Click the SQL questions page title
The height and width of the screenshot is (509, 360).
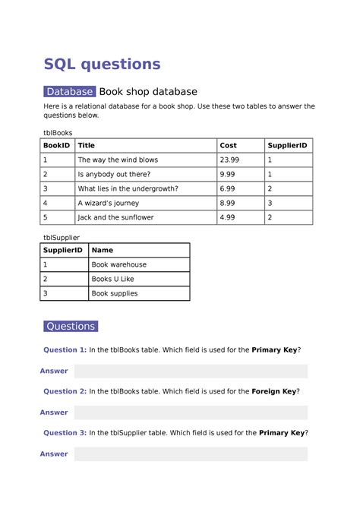[x=102, y=63]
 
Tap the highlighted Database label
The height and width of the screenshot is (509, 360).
[x=69, y=92]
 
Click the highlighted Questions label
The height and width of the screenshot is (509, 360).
[x=71, y=326]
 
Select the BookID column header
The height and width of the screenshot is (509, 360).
[x=56, y=145]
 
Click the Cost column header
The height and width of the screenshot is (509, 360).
[x=228, y=145]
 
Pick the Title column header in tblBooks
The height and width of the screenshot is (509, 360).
[x=87, y=145]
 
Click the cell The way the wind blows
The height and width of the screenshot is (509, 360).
[x=118, y=160]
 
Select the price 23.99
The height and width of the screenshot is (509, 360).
[x=229, y=160]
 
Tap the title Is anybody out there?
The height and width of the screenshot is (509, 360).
[x=114, y=174]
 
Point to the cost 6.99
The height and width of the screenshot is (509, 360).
[x=227, y=188]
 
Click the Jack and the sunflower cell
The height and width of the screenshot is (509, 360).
[x=115, y=217]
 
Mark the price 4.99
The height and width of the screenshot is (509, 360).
[x=227, y=217]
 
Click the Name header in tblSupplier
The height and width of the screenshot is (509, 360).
[x=102, y=250]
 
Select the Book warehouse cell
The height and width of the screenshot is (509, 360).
[x=118, y=264]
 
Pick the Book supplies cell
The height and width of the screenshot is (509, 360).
[x=114, y=293]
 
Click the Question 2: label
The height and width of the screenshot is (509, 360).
[x=65, y=391]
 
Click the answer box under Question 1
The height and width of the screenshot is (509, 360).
[x=191, y=371]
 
